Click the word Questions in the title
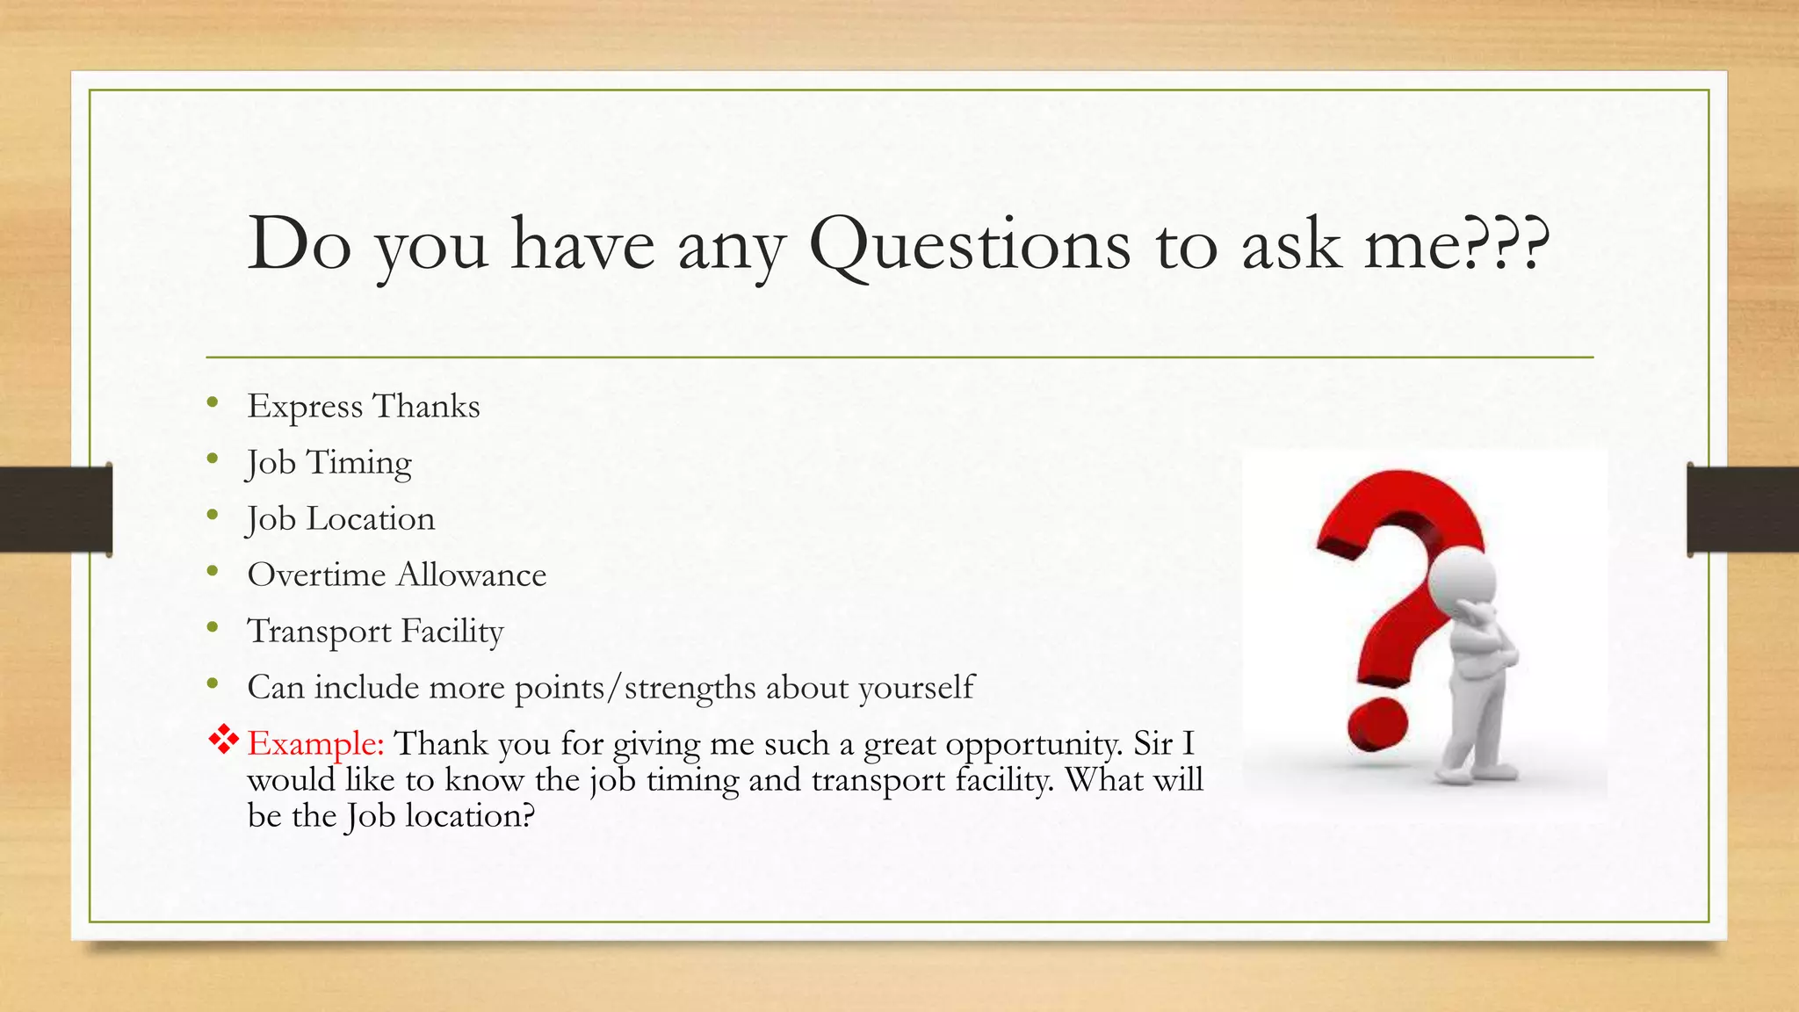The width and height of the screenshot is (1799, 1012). [x=970, y=245]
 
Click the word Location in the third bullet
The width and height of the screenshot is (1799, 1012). [x=370, y=519]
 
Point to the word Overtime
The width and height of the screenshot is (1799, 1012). [x=316, y=575]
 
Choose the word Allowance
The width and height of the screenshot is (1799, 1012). [x=472, y=575]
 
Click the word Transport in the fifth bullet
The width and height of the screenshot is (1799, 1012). [x=319, y=632]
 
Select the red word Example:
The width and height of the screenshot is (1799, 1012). [x=316, y=744]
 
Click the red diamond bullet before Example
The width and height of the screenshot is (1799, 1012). [x=224, y=740]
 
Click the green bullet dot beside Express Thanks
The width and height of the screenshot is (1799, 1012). [x=213, y=403]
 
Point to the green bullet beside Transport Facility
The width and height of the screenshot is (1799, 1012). [x=213, y=627]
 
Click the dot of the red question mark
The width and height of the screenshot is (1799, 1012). [x=1377, y=726]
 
